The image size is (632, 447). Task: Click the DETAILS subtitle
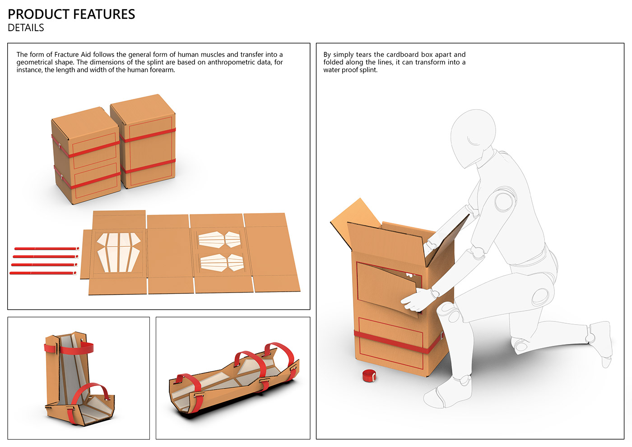point(26,28)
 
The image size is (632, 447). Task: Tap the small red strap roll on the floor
point(369,376)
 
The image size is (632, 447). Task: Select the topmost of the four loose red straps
point(46,249)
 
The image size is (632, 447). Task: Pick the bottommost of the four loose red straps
point(43,273)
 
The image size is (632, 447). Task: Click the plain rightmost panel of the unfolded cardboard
point(271,252)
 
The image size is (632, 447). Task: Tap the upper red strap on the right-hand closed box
point(147,135)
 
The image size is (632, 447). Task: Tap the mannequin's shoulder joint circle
point(505,200)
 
